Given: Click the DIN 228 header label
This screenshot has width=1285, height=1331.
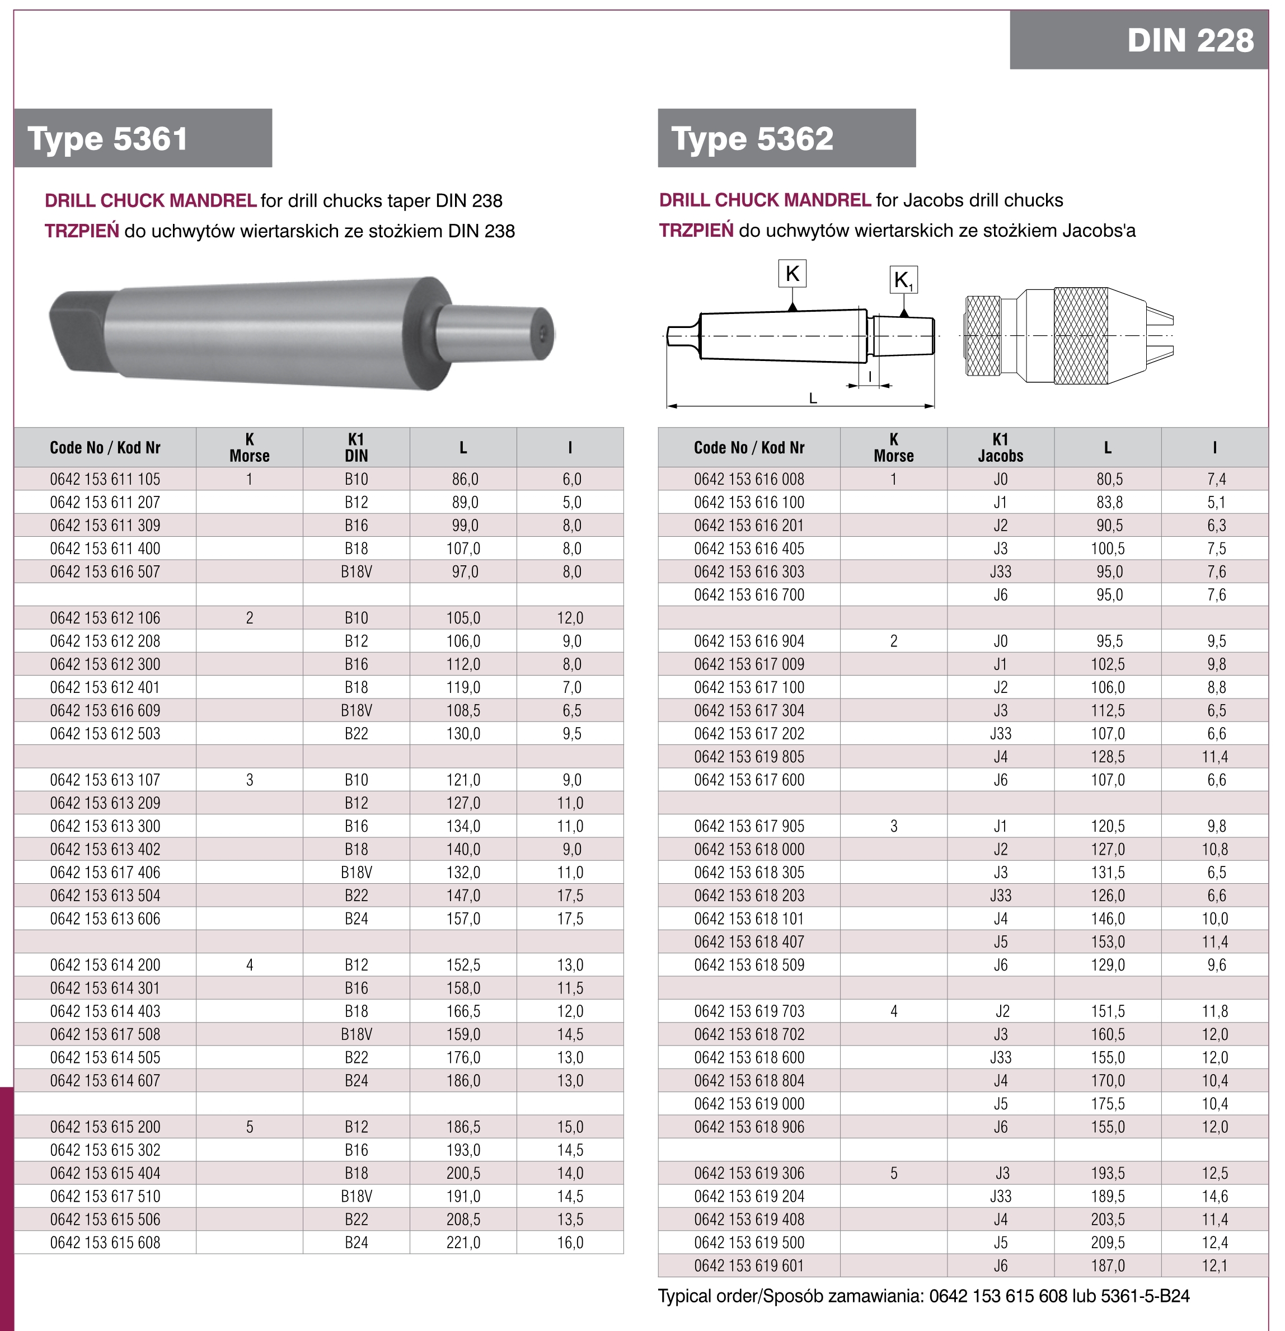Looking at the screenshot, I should point(1190,40).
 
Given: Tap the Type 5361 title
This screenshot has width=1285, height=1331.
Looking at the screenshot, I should point(107,139).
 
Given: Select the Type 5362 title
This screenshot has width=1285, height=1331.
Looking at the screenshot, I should point(752,139).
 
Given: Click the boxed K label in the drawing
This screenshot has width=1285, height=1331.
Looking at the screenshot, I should point(792,274).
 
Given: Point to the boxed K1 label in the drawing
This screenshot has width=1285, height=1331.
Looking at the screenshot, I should point(903,280).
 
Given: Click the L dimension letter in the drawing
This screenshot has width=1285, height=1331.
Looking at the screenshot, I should point(813,399).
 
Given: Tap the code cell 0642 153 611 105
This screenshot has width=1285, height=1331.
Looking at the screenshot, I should point(105,480).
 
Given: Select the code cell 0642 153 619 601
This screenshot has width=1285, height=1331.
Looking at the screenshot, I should point(749,1266).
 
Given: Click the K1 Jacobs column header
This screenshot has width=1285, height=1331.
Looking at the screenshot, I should point(1001,448).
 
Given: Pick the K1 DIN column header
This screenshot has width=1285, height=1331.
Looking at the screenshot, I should point(356,448).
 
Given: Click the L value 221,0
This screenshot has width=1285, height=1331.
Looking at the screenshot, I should point(463,1243).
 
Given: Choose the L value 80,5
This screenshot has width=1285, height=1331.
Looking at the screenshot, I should point(1109,480).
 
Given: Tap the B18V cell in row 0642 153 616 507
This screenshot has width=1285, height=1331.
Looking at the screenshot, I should point(356,572).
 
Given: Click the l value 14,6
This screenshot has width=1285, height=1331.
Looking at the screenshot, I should point(1215,1197).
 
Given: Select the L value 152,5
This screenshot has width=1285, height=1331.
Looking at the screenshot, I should point(463,965).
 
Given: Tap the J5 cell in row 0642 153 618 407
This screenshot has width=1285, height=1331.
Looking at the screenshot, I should point(1001,942).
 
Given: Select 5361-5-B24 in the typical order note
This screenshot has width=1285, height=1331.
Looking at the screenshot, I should point(1145,1296).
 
